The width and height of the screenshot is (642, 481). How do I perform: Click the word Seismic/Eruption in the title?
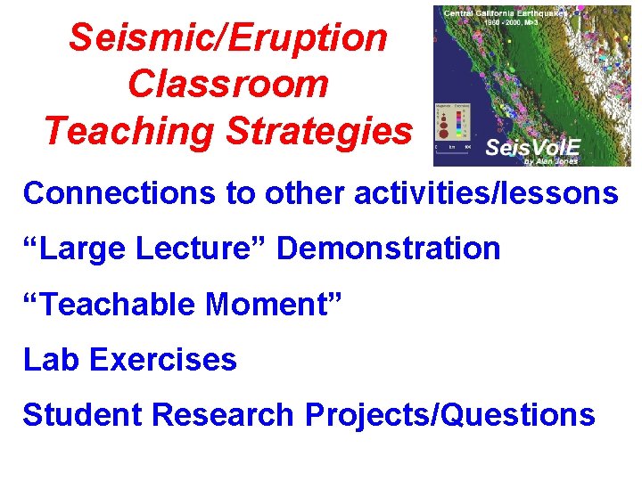(228, 38)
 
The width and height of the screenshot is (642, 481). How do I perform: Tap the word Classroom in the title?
(228, 85)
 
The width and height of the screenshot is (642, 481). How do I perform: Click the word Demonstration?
(389, 249)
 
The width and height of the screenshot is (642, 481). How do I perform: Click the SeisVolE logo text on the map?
(531, 147)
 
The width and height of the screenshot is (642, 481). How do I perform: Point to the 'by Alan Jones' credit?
(551, 160)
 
